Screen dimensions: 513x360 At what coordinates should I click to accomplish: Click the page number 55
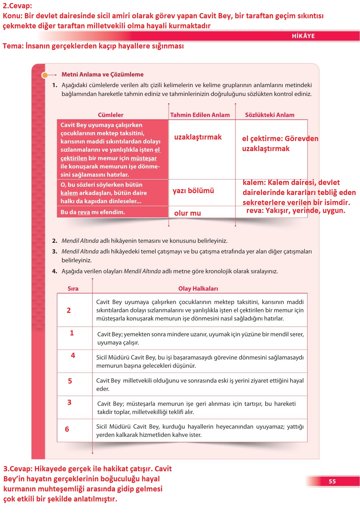pyautogui.click(x=332, y=481)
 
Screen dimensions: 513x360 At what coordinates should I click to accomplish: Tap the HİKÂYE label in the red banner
pyautogui.click(x=303, y=36)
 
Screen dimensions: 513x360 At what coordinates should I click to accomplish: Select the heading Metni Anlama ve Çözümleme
pyautogui.click(x=102, y=74)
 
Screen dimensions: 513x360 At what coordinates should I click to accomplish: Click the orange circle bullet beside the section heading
pyautogui.click(x=45, y=75)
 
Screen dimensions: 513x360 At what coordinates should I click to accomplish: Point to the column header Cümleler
pyautogui.click(x=111, y=115)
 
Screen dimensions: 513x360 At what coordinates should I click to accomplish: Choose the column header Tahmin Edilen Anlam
pyautogui.click(x=200, y=115)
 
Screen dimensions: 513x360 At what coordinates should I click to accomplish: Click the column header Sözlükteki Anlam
pyautogui.click(x=270, y=115)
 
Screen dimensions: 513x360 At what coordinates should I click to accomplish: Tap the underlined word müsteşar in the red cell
pyautogui.click(x=143, y=158)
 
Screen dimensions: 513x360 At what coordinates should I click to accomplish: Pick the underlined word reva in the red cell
pyautogui.click(x=84, y=212)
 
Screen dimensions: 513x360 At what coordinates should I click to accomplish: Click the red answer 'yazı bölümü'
pyautogui.click(x=193, y=191)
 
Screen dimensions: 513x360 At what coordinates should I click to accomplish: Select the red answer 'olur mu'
pyautogui.click(x=187, y=213)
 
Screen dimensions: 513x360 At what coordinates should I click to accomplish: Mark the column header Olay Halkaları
pyautogui.click(x=198, y=288)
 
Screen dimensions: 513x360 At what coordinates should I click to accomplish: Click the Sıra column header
pyautogui.click(x=73, y=288)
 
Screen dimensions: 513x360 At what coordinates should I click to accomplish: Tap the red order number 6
pyautogui.click(x=67, y=429)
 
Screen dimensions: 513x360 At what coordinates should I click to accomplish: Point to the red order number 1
pyautogui.click(x=72, y=333)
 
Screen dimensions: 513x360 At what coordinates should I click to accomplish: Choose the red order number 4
pyautogui.click(x=73, y=356)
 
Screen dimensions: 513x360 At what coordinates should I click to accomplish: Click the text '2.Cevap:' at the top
pyautogui.click(x=17, y=6)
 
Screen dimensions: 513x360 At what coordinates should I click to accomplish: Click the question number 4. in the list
pyautogui.click(x=55, y=271)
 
